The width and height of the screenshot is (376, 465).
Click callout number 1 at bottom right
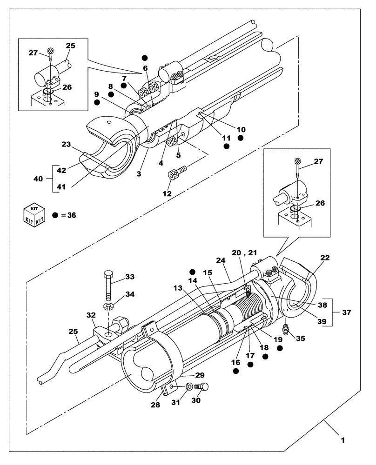pyautogui.click(x=343, y=438)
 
